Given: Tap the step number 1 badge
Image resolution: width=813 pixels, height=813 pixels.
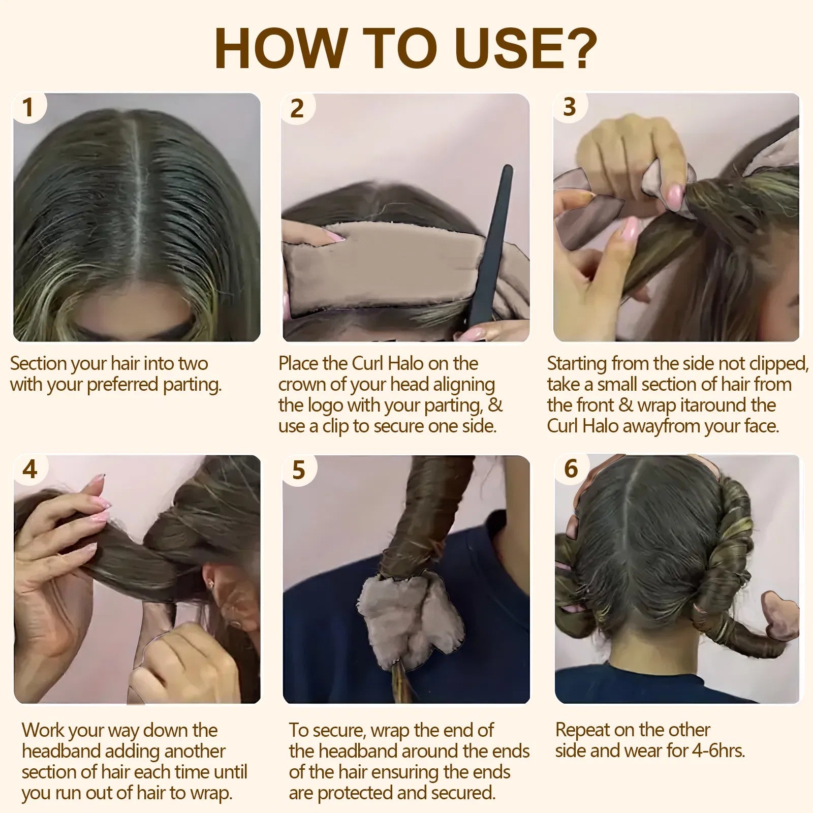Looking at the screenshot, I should [x=28, y=107].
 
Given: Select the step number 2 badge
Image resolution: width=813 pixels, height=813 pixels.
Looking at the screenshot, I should [x=297, y=108].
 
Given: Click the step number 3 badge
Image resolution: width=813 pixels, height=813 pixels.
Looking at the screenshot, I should [x=570, y=107].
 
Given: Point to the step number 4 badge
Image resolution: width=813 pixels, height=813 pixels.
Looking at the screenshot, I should [x=30, y=468].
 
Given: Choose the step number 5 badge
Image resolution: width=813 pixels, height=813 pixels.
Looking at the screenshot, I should [x=299, y=470].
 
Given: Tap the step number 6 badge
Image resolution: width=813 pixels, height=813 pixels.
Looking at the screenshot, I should [x=571, y=468].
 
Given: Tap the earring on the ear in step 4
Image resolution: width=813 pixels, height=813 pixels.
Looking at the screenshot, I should [x=210, y=584].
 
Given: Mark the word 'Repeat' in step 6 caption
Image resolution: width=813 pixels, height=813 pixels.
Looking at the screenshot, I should [x=581, y=730].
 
